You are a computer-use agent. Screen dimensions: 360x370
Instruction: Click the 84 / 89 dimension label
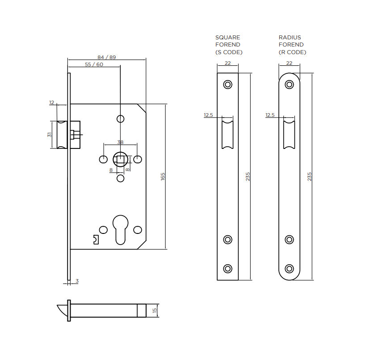[106, 57]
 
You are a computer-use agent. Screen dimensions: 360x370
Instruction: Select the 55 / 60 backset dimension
[94, 64]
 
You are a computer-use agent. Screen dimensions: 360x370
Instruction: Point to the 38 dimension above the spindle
[120, 142]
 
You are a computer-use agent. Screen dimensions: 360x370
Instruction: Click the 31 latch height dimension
[50, 135]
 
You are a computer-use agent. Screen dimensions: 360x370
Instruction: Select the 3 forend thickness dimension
[77, 281]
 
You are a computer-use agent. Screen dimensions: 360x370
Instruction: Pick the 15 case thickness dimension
[155, 310]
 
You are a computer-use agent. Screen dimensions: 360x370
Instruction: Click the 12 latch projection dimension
[51, 102]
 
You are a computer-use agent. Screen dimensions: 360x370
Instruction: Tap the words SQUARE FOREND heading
[228, 41]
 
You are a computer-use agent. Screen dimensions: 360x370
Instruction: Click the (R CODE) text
[292, 52]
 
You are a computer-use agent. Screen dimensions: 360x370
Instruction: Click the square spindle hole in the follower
[120, 159]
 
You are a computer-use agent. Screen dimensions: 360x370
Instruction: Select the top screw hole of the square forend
[228, 85]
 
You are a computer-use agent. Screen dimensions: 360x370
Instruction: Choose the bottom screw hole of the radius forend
[290, 268]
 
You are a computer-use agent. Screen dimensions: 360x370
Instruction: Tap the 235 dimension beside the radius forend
[309, 176]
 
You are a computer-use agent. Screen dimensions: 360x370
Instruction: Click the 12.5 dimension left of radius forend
[270, 115]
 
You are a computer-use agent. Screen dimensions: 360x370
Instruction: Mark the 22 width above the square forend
[228, 63]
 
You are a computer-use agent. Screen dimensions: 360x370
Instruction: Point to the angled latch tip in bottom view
[61, 309]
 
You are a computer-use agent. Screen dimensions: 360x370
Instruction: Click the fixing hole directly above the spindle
[120, 119]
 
